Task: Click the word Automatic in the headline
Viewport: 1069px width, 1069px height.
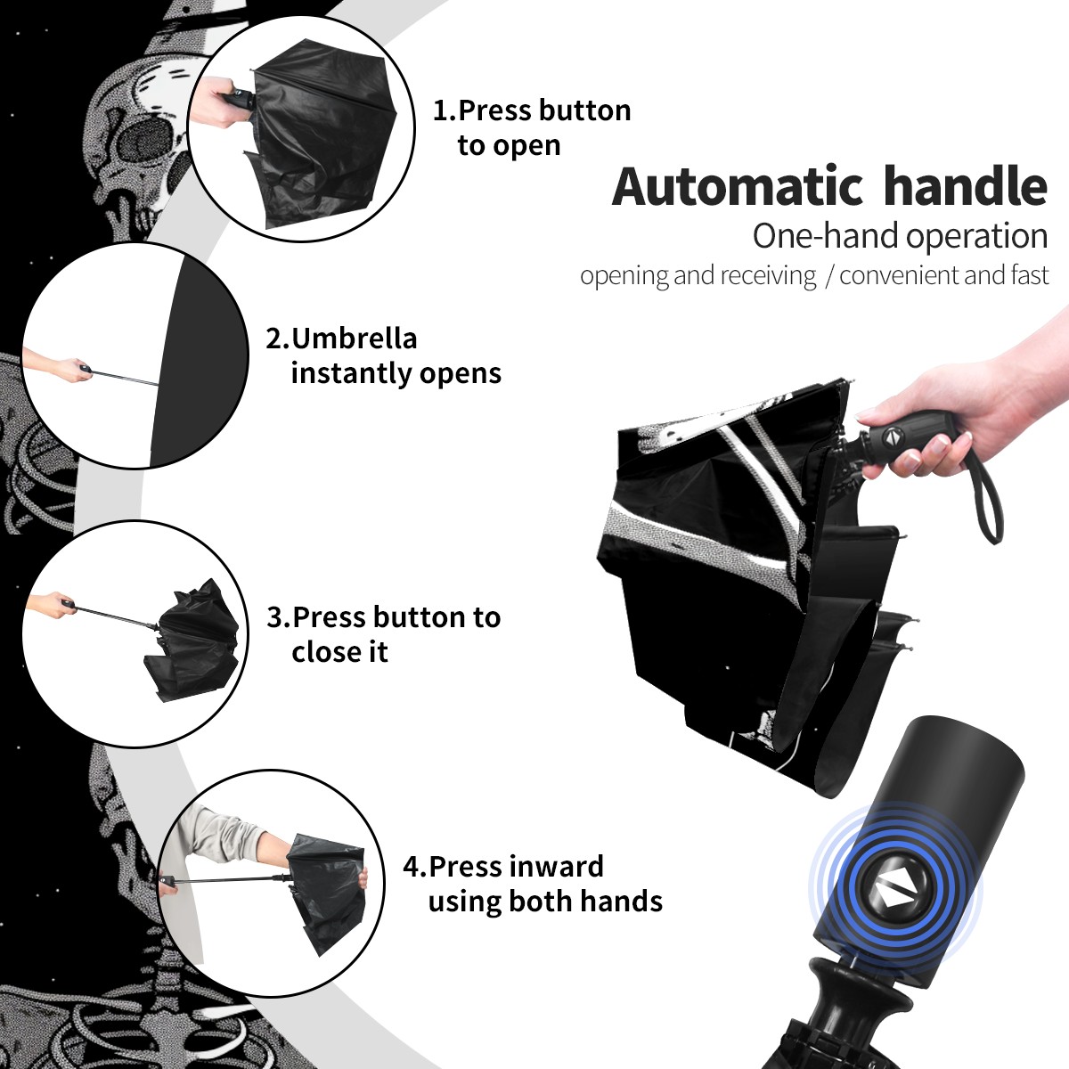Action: tap(738, 187)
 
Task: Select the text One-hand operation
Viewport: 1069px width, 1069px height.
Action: tap(900, 236)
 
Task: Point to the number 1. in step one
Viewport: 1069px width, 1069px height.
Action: tap(445, 110)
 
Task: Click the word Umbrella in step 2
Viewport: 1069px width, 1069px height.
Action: tap(354, 339)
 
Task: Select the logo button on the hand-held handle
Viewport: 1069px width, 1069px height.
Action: tap(893, 437)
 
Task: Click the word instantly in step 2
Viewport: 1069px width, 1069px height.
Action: tap(352, 373)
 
